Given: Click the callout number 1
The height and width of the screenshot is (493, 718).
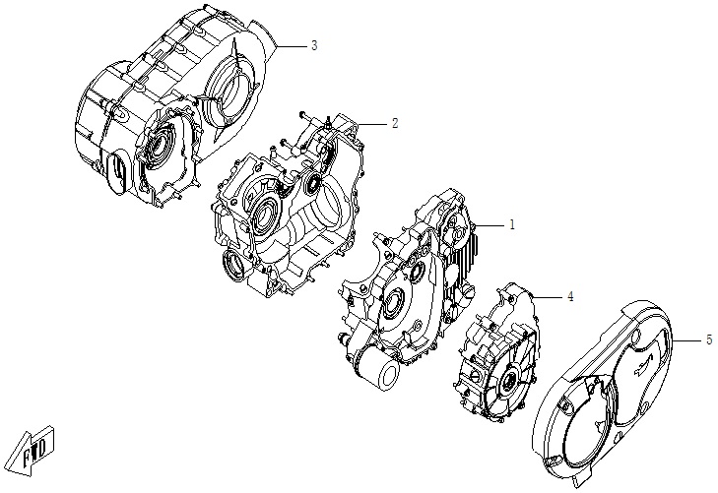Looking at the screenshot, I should [x=512, y=224].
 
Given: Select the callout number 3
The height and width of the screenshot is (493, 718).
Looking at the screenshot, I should [x=313, y=45].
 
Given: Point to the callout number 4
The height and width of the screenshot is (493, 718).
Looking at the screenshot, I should [x=568, y=295].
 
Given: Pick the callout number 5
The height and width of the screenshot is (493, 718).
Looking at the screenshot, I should [x=707, y=339].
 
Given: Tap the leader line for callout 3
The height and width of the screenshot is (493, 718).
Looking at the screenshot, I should [x=292, y=46].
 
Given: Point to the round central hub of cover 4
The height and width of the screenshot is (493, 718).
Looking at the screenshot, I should [x=512, y=382].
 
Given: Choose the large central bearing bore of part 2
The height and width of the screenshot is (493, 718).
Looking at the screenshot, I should [x=265, y=217].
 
